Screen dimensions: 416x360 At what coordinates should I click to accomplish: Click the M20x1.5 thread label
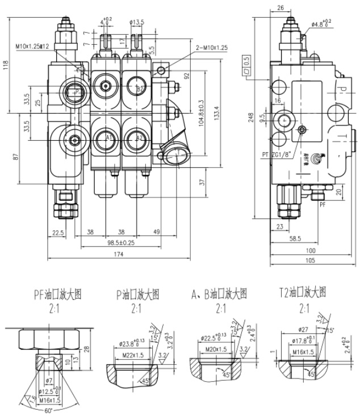(216, 348)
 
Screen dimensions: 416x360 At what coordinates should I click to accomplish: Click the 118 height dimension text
(7, 66)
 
